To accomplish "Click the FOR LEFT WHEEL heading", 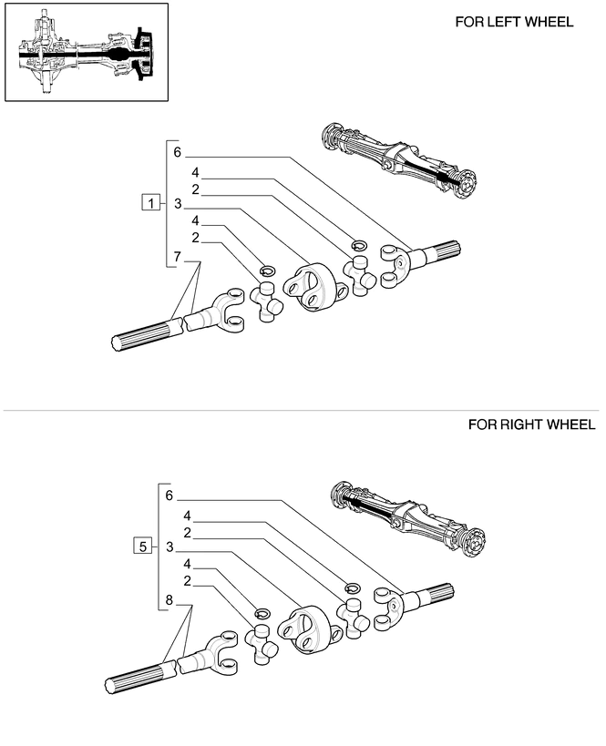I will [514, 22].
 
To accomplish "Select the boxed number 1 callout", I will [150, 202].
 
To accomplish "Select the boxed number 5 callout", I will [141, 547].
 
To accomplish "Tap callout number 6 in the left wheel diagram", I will [177, 152].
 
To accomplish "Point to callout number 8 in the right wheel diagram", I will [169, 599].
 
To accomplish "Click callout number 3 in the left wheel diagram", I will [178, 204].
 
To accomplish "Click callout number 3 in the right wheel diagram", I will [169, 547].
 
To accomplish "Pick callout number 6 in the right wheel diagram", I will [169, 496].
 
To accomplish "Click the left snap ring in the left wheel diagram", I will [267, 270].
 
